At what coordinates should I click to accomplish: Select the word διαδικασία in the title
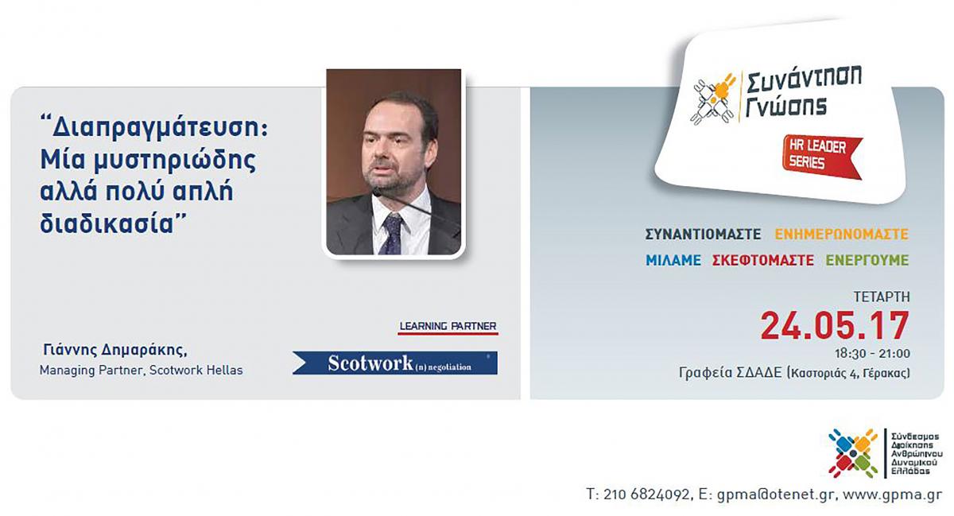pyautogui.click(x=107, y=223)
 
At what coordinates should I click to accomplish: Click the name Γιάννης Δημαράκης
pyautogui.click(x=115, y=351)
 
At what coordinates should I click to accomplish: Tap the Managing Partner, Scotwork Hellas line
pyautogui.click(x=141, y=371)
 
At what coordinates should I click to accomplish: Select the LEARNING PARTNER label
pyautogui.click(x=448, y=327)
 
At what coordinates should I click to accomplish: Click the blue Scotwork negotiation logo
pyautogui.click(x=395, y=363)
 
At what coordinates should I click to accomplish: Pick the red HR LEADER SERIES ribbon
pyautogui.click(x=821, y=157)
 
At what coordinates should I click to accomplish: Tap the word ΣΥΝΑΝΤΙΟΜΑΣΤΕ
pyautogui.click(x=703, y=235)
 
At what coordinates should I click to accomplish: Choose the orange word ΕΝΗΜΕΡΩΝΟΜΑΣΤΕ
pyautogui.click(x=842, y=235)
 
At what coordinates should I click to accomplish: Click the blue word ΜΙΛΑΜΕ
pyautogui.click(x=673, y=260)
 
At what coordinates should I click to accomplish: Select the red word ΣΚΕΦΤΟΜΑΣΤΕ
pyautogui.click(x=762, y=260)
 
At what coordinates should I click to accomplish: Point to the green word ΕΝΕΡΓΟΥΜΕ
pyautogui.click(x=867, y=260)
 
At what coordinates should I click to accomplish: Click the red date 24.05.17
pyautogui.click(x=835, y=326)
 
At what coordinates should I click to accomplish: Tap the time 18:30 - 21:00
pyautogui.click(x=872, y=354)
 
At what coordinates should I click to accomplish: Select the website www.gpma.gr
pyautogui.click(x=892, y=495)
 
